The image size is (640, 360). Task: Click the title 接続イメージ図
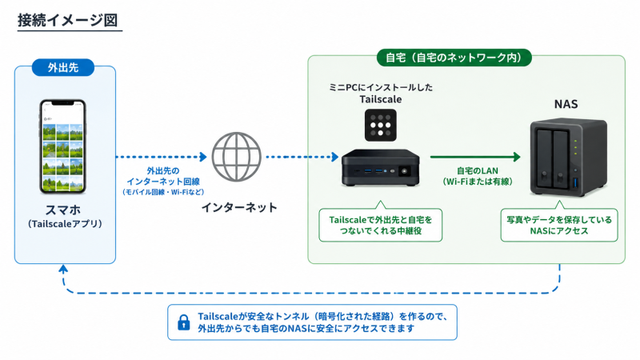click(68, 20)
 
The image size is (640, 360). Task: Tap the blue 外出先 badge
click(63, 67)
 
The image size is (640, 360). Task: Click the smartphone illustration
click(63, 146)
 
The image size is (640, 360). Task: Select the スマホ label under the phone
click(63, 210)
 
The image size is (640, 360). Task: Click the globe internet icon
click(236, 157)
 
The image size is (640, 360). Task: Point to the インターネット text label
click(239, 207)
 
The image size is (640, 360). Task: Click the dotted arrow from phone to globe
click(162, 157)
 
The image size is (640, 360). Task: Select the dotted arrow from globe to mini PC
click(302, 157)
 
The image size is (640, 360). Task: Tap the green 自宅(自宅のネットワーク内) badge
click(454, 58)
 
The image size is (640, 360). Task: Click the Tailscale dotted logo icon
click(381, 125)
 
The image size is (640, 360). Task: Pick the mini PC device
click(381, 168)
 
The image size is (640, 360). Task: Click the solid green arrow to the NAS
click(475, 157)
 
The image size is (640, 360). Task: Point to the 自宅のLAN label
click(478, 170)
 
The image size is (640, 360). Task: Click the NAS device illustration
click(568, 157)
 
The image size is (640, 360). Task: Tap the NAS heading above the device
click(566, 104)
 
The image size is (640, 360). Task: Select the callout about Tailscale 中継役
click(381, 224)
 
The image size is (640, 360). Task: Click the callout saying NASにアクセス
click(559, 224)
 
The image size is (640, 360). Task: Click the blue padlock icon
click(184, 322)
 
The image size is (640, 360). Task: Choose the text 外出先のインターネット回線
click(163, 176)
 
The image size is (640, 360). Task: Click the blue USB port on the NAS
click(576, 182)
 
